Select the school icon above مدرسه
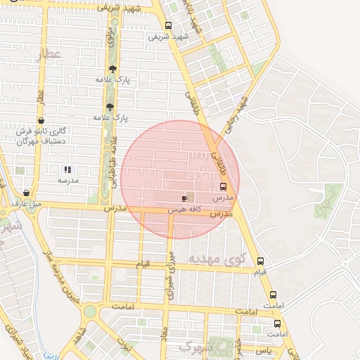[67, 169]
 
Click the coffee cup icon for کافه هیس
[185, 198]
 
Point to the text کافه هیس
[185, 210]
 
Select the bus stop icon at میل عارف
[27, 193]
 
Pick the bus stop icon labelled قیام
[261, 261]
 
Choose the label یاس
[262, 349]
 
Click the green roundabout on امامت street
[89, 310]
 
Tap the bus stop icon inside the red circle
[224, 186]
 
